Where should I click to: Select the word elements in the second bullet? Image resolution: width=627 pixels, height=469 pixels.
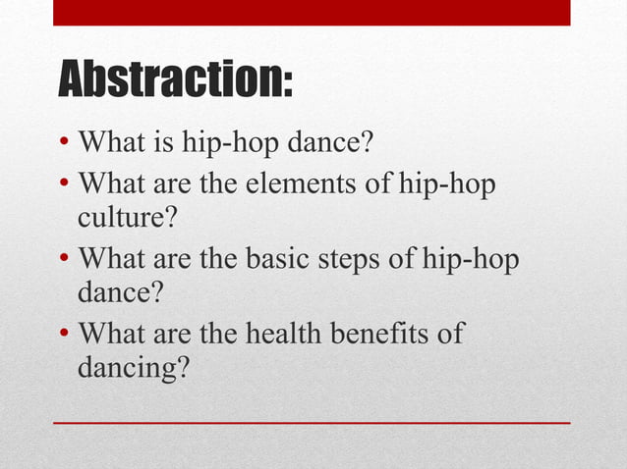(x=285, y=183)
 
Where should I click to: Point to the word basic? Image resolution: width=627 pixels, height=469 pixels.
(x=276, y=258)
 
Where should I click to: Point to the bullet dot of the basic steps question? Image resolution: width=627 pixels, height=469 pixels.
(x=62, y=259)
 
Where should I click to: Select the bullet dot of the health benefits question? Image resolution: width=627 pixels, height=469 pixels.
(x=62, y=334)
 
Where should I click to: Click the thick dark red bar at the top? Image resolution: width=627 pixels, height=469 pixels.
(x=312, y=12)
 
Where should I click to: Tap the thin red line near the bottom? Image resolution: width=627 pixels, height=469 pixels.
(x=312, y=422)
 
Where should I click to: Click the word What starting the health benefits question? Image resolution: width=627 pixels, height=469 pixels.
(x=111, y=333)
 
